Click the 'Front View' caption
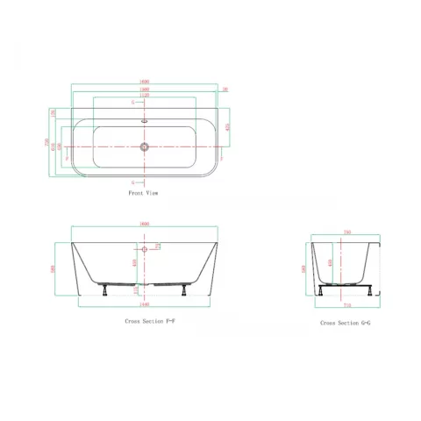(142, 190)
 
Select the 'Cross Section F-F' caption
(151, 322)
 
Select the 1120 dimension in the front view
(143, 96)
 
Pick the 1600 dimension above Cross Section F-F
(143, 225)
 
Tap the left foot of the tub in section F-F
(106, 287)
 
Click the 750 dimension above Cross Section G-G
(346, 233)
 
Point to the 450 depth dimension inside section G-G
(330, 261)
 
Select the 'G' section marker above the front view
(133, 102)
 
